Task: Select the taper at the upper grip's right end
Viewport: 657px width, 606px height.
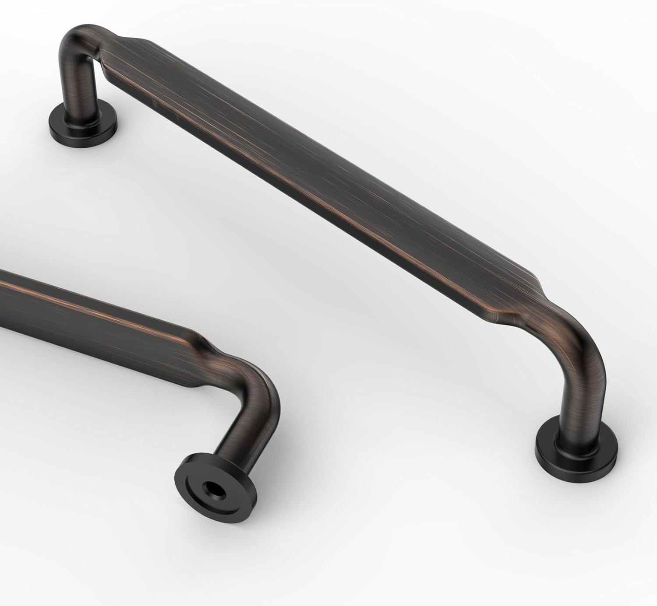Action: click(526, 298)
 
